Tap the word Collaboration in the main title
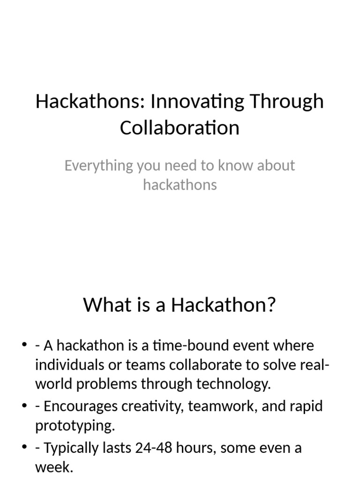(x=180, y=127)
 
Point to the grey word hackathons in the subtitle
(x=180, y=185)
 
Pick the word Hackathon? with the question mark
(x=223, y=305)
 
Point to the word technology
(x=233, y=384)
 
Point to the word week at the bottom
(x=53, y=467)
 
